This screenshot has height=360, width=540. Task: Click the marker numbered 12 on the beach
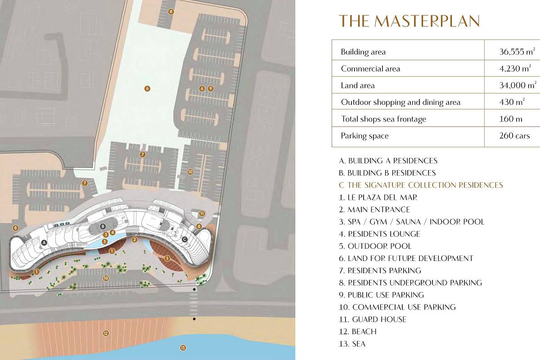click(x=106, y=333)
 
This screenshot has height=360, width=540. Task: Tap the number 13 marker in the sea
click(x=183, y=348)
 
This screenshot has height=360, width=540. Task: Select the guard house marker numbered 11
click(x=202, y=213)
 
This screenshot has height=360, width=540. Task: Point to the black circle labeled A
click(x=44, y=243)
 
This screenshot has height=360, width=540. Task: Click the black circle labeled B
click(x=103, y=226)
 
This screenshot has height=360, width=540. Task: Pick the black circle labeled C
click(x=184, y=239)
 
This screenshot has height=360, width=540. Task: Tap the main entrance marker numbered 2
click(x=135, y=239)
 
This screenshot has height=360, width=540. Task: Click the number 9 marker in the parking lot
click(x=211, y=89)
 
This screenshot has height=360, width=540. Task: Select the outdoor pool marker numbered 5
click(x=104, y=241)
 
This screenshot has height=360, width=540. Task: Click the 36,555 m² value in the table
click(x=517, y=51)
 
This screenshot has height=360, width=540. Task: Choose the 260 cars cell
click(x=514, y=135)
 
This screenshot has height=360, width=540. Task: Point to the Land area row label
click(x=358, y=85)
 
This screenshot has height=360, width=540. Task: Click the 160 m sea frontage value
click(x=511, y=119)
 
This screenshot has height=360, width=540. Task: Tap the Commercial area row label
click(x=370, y=69)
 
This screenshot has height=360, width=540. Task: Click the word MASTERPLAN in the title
click(x=427, y=21)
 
